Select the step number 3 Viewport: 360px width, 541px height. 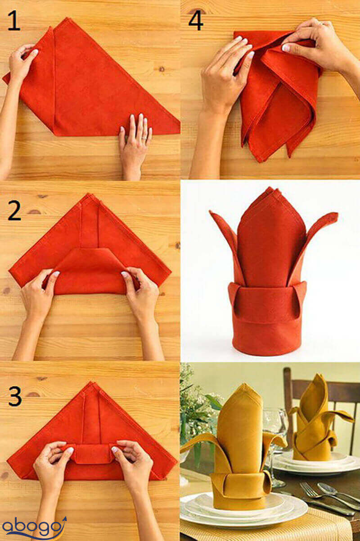click(x=15, y=396)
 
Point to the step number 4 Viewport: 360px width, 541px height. click(x=196, y=21)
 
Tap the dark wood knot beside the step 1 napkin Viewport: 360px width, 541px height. click(x=161, y=69)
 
